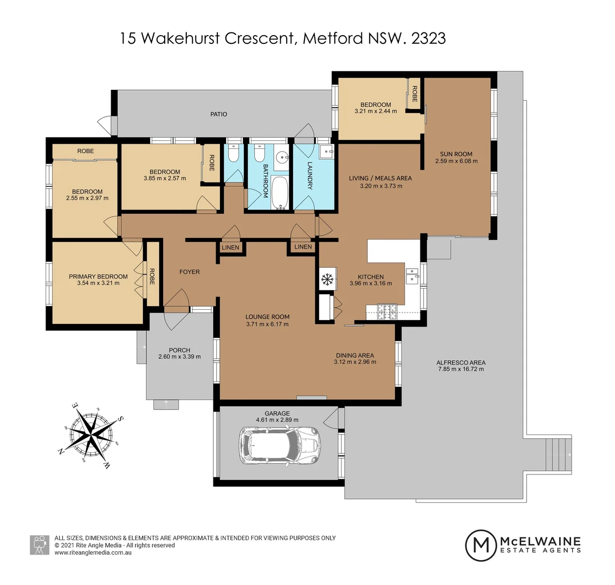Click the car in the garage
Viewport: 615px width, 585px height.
[x=281, y=445]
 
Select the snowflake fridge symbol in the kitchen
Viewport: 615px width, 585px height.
[x=327, y=280]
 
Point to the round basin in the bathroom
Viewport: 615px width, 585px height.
[x=282, y=158]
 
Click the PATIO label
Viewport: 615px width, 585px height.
[x=219, y=114]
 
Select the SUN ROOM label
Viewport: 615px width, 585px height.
[x=456, y=154]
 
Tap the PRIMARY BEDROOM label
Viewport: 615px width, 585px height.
[x=98, y=277]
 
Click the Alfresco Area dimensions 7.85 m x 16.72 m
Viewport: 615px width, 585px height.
[x=461, y=369]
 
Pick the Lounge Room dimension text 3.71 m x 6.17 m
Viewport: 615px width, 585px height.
[x=267, y=324]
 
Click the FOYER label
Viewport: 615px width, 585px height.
[x=190, y=272]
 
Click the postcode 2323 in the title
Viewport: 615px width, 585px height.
[x=429, y=38]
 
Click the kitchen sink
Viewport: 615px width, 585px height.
[x=413, y=276]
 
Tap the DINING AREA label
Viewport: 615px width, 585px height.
[x=355, y=355]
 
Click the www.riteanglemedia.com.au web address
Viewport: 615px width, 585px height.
[x=93, y=552]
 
